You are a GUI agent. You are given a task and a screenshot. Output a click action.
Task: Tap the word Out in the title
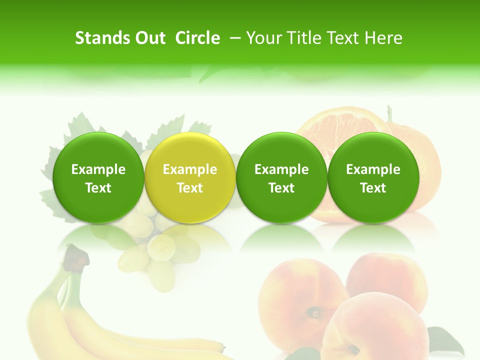pos(149,38)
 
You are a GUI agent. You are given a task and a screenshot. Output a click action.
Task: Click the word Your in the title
pos(262,38)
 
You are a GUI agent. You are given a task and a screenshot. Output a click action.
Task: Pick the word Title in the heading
pos(301,38)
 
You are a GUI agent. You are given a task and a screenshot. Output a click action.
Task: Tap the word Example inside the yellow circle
pos(190,169)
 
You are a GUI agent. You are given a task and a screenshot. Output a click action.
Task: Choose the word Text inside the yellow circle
pos(190,188)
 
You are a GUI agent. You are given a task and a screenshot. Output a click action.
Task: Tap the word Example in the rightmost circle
pos(373,169)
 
